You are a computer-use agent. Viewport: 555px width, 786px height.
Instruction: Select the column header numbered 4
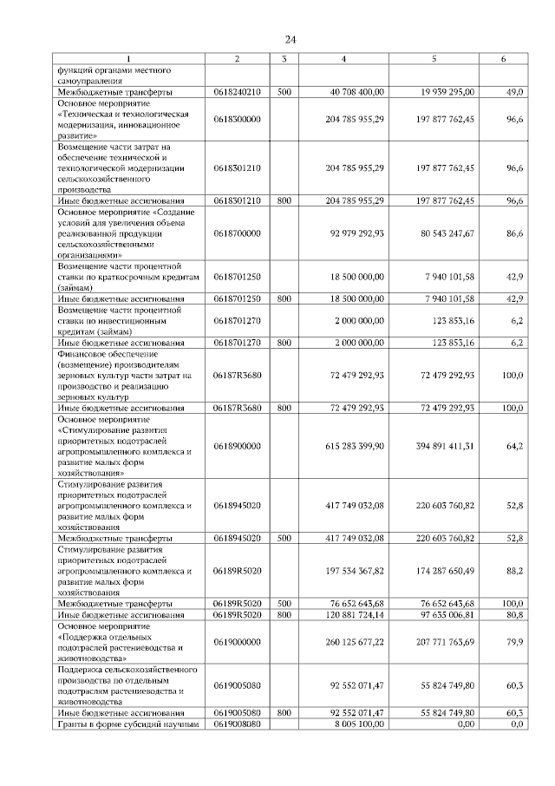[344, 59]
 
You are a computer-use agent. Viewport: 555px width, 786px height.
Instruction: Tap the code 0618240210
[237, 91]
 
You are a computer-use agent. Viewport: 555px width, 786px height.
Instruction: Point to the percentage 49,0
[514, 91]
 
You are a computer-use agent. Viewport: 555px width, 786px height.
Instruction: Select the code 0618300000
[237, 118]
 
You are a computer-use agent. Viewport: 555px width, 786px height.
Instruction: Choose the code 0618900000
[237, 445]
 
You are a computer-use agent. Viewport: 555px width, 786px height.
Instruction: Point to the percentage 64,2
[514, 445]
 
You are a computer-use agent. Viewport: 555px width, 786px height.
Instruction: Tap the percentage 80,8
[514, 615]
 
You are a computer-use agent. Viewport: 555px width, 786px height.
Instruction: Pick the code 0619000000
[237, 642]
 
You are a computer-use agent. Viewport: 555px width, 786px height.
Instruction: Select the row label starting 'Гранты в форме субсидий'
[129, 724]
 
